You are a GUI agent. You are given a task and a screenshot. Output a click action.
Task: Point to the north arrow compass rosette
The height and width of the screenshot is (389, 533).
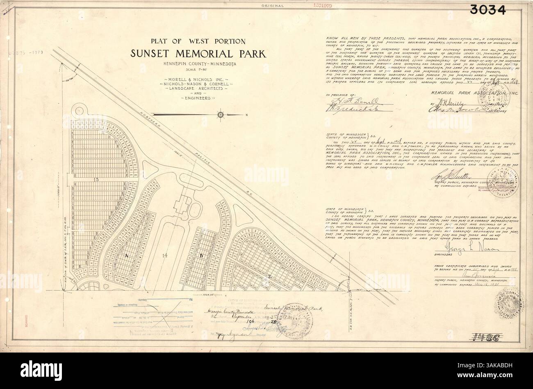(x=221, y=115)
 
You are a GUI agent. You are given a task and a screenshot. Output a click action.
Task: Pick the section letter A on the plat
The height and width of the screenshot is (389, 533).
(x=127, y=255)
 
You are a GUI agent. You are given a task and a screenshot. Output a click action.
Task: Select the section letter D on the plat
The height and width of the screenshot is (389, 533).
(x=201, y=256)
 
